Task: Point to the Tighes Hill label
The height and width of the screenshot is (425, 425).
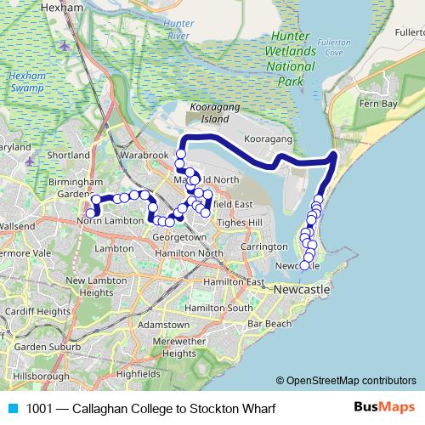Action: click(x=242, y=222)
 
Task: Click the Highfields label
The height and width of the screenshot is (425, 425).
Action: click(x=138, y=373)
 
